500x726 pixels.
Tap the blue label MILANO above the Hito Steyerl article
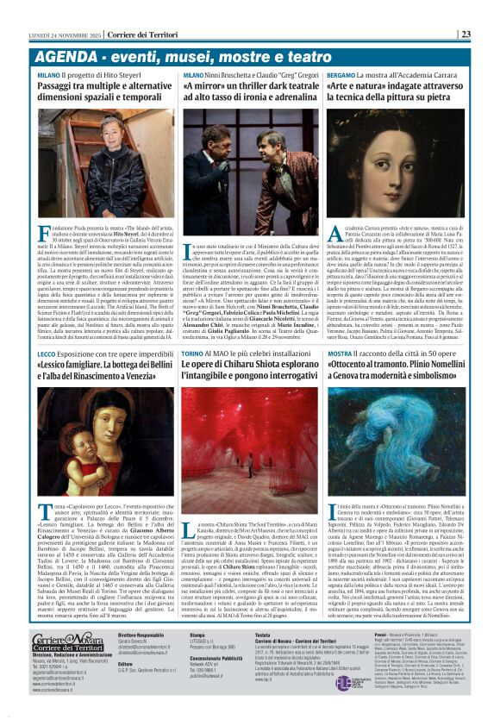click(x=48, y=76)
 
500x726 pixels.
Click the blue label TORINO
click(x=195, y=354)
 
